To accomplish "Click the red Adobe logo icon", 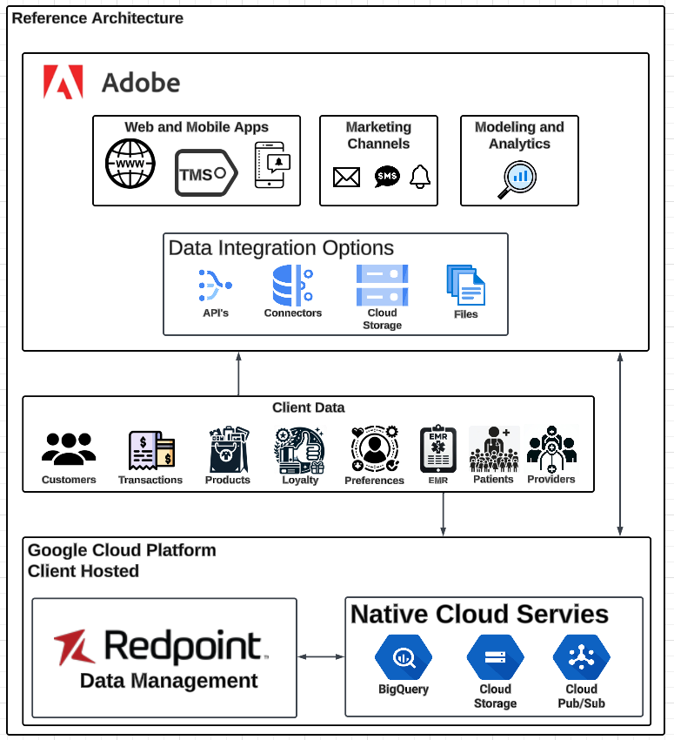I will coord(63,82).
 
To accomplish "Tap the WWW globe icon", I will coord(130,164).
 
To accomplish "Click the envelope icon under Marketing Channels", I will coord(346,178).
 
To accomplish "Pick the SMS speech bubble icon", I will coord(387,177).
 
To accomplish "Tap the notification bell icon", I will coord(421,177).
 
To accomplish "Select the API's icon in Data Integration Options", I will coord(215,285).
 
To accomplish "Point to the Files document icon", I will coord(465,286).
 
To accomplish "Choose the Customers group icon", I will coord(69,449).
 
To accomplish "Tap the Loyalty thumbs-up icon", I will coord(299,449).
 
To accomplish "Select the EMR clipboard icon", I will coord(437,449).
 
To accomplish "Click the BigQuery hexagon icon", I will coord(403,658).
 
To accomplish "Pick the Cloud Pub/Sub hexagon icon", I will coord(581,658).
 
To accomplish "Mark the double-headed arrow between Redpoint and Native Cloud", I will coord(321,656).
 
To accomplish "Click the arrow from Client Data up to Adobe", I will coord(238,373).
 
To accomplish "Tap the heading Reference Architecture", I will coord(97,18).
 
